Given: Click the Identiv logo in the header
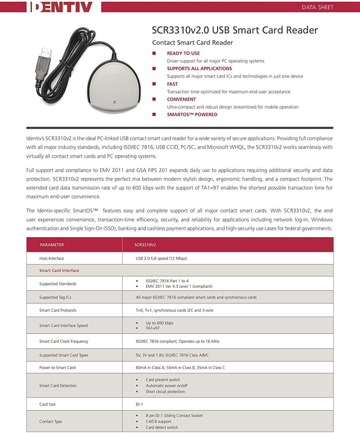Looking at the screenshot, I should [x=61, y=7].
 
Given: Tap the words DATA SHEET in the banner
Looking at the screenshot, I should [x=317, y=7].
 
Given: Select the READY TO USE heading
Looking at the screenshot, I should [x=183, y=53].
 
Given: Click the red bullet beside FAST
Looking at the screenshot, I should [x=154, y=84].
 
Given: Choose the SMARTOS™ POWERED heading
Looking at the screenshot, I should [x=192, y=115].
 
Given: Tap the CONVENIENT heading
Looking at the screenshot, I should [x=181, y=99].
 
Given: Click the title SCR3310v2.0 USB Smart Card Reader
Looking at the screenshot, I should [x=235, y=30].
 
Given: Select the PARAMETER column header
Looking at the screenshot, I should [x=52, y=245].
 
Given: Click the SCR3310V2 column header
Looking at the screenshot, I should [x=145, y=245].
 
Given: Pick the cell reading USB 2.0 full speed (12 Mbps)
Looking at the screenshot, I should [x=161, y=258].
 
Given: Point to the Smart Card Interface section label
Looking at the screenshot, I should [x=59, y=271].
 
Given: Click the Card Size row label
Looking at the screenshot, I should [x=48, y=404].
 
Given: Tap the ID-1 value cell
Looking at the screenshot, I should [x=139, y=404].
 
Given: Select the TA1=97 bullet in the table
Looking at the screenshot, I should [x=153, y=328].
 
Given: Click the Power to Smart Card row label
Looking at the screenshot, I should [x=57, y=368].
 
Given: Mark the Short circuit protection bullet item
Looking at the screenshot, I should [x=165, y=392].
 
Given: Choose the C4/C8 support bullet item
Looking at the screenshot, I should [x=158, y=422].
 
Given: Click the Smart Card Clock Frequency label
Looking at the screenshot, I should [x=64, y=341].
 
